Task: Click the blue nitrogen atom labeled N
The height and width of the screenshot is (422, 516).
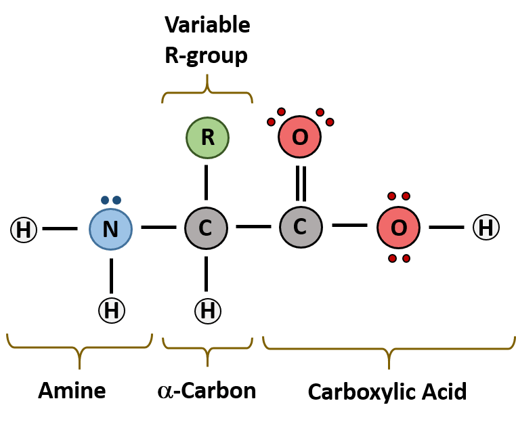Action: click(110, 228)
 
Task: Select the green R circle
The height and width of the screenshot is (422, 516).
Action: click(207, 138)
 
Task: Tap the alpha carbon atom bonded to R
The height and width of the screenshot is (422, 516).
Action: click(206, 228)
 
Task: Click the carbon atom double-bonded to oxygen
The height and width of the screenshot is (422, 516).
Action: click(301, 227)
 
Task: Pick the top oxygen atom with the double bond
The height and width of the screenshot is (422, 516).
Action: click(299, 138)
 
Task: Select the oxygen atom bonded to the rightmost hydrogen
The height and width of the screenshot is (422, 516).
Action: click(398, 228)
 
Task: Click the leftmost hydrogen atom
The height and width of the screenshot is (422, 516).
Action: click(24, 230)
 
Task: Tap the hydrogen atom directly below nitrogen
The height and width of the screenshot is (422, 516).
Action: click(112, 310)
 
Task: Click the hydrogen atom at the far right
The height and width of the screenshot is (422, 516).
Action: click(486, 228)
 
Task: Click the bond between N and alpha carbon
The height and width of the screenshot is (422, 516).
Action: click(158, 228)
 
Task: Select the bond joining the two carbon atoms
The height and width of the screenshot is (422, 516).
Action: click(253, 226)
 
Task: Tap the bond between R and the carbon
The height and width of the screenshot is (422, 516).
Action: click(207, 182)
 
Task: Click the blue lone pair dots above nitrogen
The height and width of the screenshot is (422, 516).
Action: click(111, 200)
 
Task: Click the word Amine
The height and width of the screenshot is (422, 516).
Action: click(72, 391)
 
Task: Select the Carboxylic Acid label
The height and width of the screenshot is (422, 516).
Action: click(387, 392)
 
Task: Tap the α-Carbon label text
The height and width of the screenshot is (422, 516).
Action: click(207, 391)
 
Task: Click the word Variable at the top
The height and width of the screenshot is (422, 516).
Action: click(207, 26)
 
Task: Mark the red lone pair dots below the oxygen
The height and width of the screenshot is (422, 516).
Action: click(398, 258)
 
